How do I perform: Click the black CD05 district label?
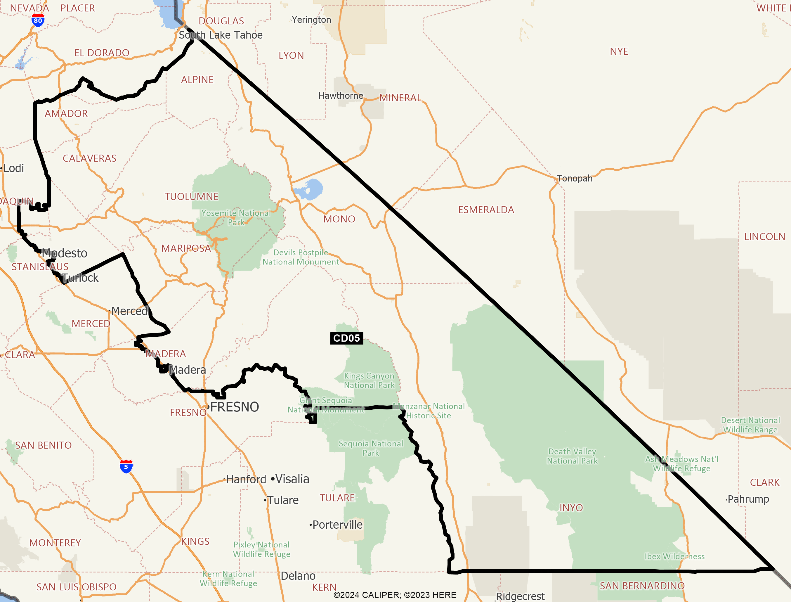pos(346,338)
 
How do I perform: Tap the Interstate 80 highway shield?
pos(38,20)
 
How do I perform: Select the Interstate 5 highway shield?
pos(126,466)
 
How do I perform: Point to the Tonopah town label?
pos(574,179)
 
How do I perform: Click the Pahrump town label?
pos(748,499)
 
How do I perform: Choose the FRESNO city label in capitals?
pos(235,407)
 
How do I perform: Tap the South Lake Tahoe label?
pos(221,35)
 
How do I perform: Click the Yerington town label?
pos(311,20)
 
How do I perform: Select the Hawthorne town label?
pos(341,96)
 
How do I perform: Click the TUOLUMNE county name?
pos(192,197)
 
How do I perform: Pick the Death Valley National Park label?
pos(572,456)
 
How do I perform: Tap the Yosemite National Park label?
pos(236,217)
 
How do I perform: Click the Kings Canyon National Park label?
pos(369,380)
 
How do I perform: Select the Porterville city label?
pos(337,525)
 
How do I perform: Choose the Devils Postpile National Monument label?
pos(301,257)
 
